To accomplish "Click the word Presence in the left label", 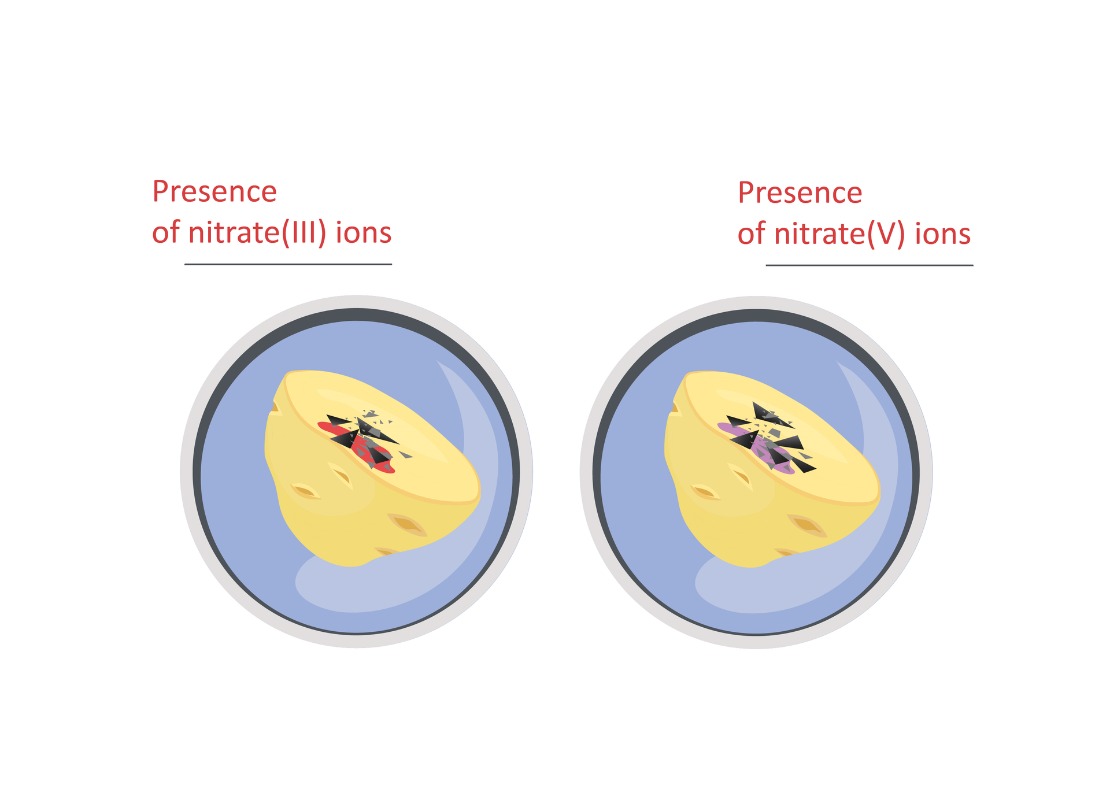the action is pos(214,191).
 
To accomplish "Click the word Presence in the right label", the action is pos(800,192).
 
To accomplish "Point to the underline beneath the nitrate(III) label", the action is pos(288,264).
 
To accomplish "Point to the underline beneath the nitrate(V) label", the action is pos(869,265).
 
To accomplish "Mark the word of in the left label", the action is pos(166,232).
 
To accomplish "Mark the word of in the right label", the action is pos(752,234).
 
